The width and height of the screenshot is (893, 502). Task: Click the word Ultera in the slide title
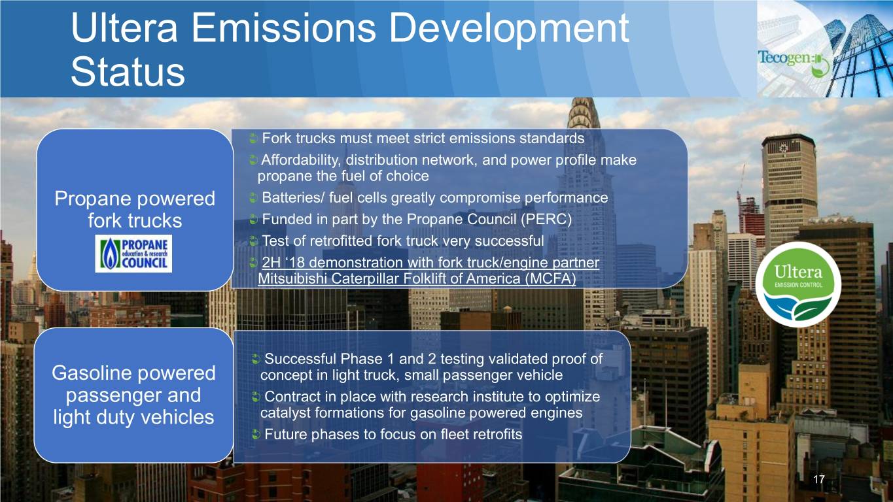pyautogui.click(x=124, y=27)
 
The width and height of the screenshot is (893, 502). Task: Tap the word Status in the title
pyautogui.click(x=128, y=72)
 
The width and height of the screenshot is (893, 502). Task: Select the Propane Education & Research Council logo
pyautogui.click(x=133, y=254)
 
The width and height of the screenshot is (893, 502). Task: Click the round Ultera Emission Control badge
pyautogui.click(x=798, y=284)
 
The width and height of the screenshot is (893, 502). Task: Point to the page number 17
pyautogui.click(x=819, y=479)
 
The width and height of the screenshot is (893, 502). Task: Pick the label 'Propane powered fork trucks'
pyautogui.click(x=135, y=209)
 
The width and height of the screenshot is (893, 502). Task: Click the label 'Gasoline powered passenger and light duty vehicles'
pyautogui.click(x=133, y=395)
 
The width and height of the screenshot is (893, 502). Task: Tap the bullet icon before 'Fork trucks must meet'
pyautogui.click(x=253, y=139)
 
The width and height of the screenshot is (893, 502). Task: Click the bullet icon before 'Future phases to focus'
pyautogui.click(x=256, y=434)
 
